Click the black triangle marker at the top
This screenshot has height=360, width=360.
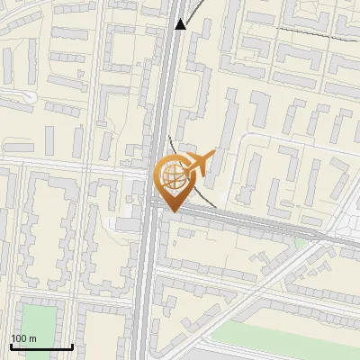181,24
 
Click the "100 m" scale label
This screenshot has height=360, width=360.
23,337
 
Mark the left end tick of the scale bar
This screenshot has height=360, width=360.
10,345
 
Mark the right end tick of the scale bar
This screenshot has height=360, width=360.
73,345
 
